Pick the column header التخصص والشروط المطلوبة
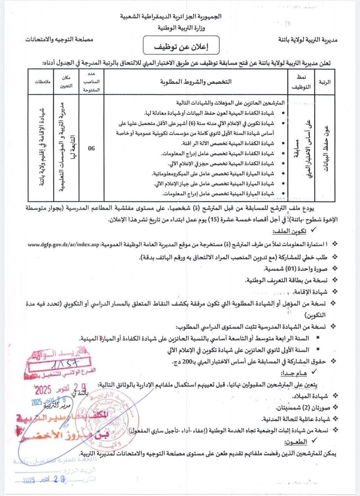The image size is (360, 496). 196,81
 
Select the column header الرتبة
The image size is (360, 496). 325,82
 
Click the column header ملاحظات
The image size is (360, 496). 41,82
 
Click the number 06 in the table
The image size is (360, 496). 91,150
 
